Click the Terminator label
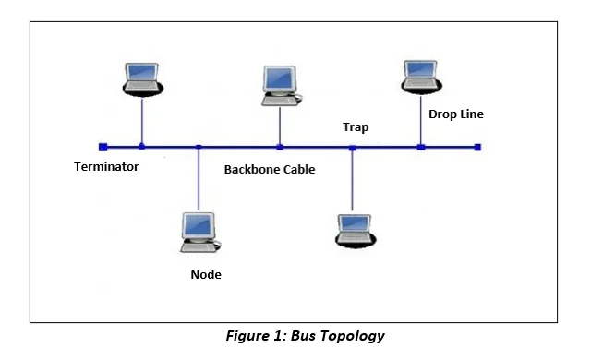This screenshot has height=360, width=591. tap(106, 167)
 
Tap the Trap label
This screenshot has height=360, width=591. tap(356, 127)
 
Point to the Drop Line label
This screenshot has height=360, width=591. tap(455, 114)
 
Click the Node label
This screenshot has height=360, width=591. tap(205, 275)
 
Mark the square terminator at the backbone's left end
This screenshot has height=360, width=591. tap(103, 147)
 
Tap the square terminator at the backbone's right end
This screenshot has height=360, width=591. tap(477, 147)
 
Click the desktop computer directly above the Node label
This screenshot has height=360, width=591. tap(199, 231)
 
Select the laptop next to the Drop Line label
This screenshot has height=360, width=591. tap(421, 78)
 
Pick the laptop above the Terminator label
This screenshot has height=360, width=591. tap(143, 79)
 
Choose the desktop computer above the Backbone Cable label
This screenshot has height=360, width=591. tap(281, 84)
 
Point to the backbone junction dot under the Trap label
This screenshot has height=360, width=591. tap(352, 147)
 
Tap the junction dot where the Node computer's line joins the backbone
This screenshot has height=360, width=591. tap(199, 147)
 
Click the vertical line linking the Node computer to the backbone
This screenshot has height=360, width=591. tap(199, 180)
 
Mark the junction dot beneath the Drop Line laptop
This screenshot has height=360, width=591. tap(420, 147)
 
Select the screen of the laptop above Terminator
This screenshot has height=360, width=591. tap(143, 72)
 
